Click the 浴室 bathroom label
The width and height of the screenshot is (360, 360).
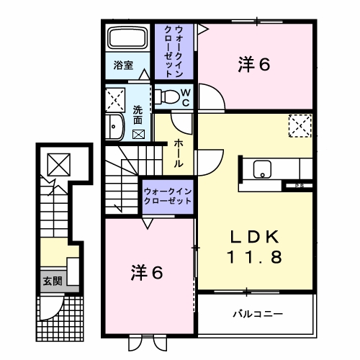click(x=123, y=66)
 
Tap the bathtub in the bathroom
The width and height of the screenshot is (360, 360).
click(x=127, y=39)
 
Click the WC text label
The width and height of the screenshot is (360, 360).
click(x=184, y=96)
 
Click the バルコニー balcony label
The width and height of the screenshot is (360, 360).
click(x=257, y=315)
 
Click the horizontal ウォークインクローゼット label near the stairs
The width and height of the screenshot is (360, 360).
click(x=167, y=196)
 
